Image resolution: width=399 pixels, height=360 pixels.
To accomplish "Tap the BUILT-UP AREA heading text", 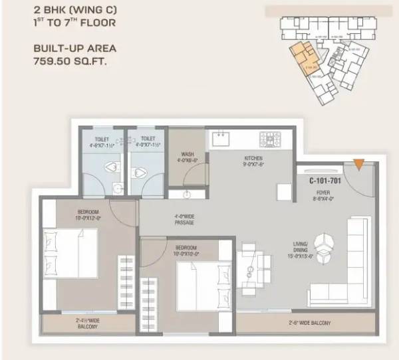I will [x=74, y=48].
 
